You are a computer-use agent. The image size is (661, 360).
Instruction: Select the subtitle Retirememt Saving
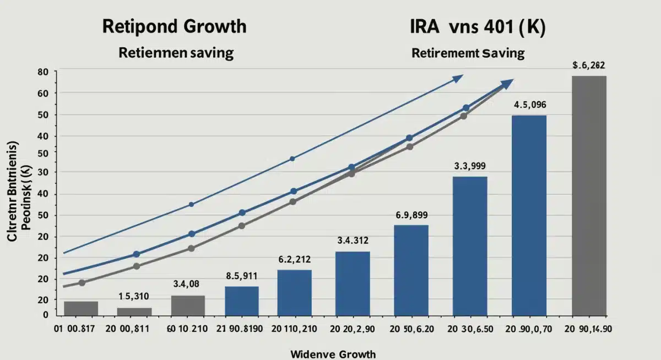tap(468, 53)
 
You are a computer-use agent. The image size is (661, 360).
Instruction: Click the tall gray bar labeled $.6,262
tap(589, 195)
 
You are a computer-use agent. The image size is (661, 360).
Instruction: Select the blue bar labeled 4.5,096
tap(529, 215)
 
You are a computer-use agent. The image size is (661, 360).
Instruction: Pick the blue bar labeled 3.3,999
tap(470, 246)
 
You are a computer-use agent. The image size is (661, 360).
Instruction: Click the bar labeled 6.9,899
tap(411, 270)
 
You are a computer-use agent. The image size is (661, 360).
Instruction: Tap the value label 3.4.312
tap(353, 240)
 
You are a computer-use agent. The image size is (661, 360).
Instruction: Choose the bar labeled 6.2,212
tap(294, 292)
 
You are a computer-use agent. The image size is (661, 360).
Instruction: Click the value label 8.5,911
tap(241, 276)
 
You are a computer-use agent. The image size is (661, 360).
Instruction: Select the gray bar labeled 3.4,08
tap(188, 305)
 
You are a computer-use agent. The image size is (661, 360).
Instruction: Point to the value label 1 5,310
tap(134, 296)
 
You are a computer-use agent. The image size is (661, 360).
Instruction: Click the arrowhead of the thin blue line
tap(457, 79)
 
